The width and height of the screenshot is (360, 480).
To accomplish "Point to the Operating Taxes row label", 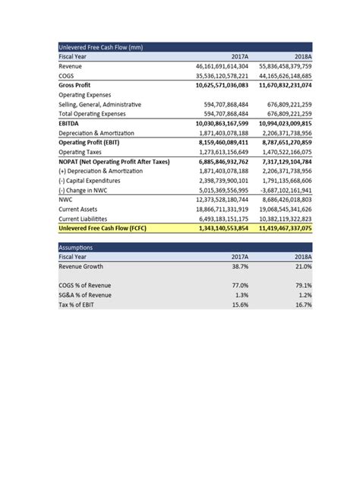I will point(82,151).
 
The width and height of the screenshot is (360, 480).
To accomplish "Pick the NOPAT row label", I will point(114,160).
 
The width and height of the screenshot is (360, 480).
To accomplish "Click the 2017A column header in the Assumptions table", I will point(239,257).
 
